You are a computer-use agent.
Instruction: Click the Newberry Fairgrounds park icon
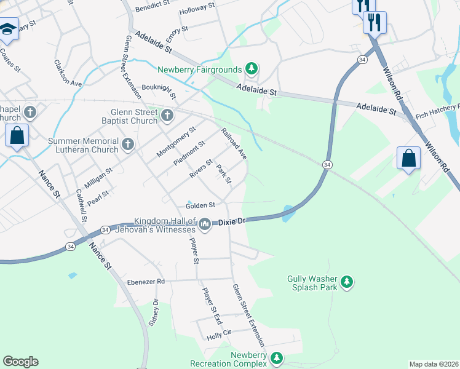(x=251, y=68)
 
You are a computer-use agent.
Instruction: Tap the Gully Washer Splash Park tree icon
(x=347, y=282)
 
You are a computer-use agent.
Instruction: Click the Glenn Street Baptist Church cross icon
(x=167, y=115)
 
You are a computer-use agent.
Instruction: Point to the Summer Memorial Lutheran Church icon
(x=128, y=145)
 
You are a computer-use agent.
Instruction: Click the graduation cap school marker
(x=8, y=29)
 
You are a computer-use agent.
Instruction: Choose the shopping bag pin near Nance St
(x=17, y=135)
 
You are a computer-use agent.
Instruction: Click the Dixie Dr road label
(x=233, y=220)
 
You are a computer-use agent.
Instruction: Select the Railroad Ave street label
(x=234, y=144)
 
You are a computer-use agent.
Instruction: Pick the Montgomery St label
(x=176, y=141)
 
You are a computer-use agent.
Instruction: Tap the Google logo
(x=20, y=362)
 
